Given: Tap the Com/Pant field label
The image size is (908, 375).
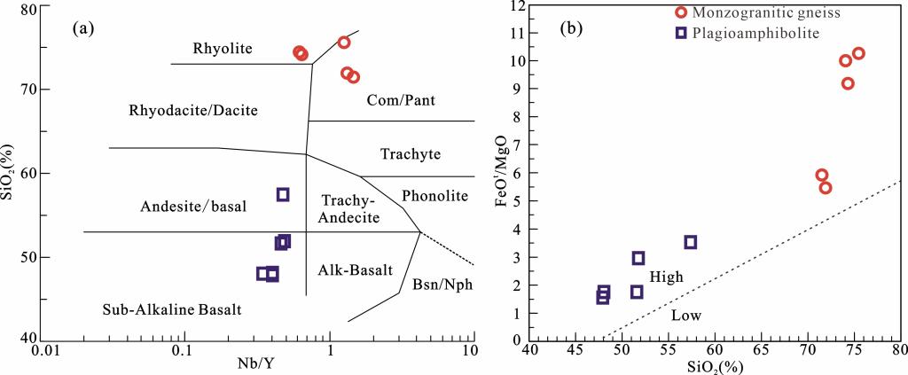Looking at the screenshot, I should (x=400, y=100).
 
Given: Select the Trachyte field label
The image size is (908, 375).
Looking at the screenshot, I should (x=411, y=154).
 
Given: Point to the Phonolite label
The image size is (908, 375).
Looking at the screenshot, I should (x=434, y=195).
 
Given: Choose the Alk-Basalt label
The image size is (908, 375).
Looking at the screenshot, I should (x=355, y=270).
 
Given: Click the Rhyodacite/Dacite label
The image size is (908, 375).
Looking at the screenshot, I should (x=193, y=111).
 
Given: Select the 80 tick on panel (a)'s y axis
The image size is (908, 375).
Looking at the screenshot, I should (x=29, y=9).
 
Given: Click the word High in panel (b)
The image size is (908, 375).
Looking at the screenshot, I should (x=666, y=277).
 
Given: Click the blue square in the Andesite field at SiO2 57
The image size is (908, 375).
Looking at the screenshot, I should (x=283, y=194).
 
